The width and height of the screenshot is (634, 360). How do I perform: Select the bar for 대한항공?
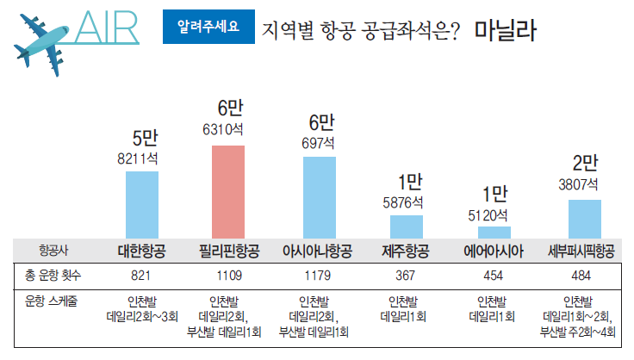pyautogui.click(x=142, y=204)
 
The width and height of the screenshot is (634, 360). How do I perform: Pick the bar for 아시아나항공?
pyautogui.click(x=320, y=197)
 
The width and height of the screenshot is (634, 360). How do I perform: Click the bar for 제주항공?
pyautogui.click(x=407, y=227)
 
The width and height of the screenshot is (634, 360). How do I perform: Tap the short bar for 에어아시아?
pyautogui.click(x=494, y=233)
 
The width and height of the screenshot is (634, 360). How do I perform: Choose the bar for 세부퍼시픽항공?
pyautogui.click(x=584, y=219)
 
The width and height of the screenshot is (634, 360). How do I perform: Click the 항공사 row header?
pyautogui.click(x=52, y=251)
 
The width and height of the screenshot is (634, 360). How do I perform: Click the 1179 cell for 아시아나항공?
pyautogui.click(x=318, y=276)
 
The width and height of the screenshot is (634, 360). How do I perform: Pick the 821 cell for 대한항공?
pyautogui.click(x=141, y=276)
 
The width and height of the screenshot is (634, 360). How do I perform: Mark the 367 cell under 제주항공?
pyautogui.click(x=404, y=276)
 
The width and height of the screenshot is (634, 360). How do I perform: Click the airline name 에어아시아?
pyautogui.click(x=494, y=251)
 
